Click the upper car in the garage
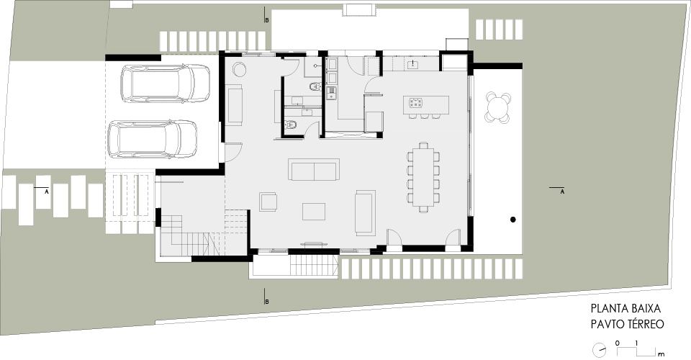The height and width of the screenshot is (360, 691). pos(165,84)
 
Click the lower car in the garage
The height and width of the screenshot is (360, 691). pos(153,139)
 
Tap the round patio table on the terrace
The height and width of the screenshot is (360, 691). pos(498,107)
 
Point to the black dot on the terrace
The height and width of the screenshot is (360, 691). pos(513,220)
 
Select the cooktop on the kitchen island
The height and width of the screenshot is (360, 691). pos(415,103)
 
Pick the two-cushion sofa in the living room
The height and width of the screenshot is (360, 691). pos(314,170)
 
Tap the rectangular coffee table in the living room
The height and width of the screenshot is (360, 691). pos(314,211)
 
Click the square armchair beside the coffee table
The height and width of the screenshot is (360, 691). pos(268,202)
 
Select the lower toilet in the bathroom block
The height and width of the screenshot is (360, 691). pos(291,125)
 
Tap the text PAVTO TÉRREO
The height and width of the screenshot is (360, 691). pos(628,324)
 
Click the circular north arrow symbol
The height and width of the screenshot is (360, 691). pos(599,351)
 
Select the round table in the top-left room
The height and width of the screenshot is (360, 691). pos(240,70)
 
